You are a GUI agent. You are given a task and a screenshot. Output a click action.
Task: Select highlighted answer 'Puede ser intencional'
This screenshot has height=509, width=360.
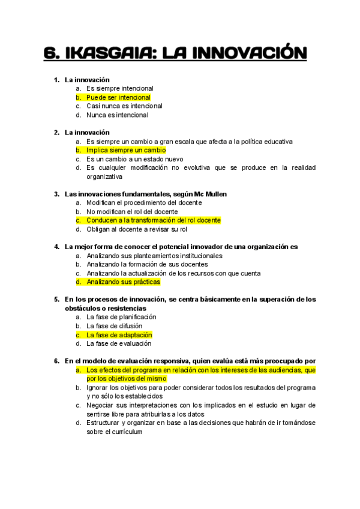coord(118,97)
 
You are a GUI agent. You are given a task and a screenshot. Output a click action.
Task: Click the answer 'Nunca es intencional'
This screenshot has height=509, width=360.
coord(117,115)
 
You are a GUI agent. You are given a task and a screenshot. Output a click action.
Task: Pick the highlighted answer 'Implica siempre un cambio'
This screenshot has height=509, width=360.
coord(125,150)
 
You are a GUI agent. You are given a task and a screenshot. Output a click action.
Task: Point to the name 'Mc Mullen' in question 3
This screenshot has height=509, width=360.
coord(211,194)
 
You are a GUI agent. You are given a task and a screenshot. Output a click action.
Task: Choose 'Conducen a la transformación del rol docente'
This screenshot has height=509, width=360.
coord(153,220)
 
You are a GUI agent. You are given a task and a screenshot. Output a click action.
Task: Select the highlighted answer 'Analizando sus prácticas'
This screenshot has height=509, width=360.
coord(123,282)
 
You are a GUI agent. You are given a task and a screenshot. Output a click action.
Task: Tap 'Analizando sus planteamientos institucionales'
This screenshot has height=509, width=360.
coord(154,256)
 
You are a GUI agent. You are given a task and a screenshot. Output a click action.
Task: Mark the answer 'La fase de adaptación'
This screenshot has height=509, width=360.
coord(119,335)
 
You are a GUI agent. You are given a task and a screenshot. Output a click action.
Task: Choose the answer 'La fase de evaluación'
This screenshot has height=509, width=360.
coord(118,344)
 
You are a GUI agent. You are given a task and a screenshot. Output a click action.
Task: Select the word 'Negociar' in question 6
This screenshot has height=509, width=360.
coord(100,405)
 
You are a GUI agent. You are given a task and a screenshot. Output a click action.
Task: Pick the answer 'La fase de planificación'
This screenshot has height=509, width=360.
coord(121,317)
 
